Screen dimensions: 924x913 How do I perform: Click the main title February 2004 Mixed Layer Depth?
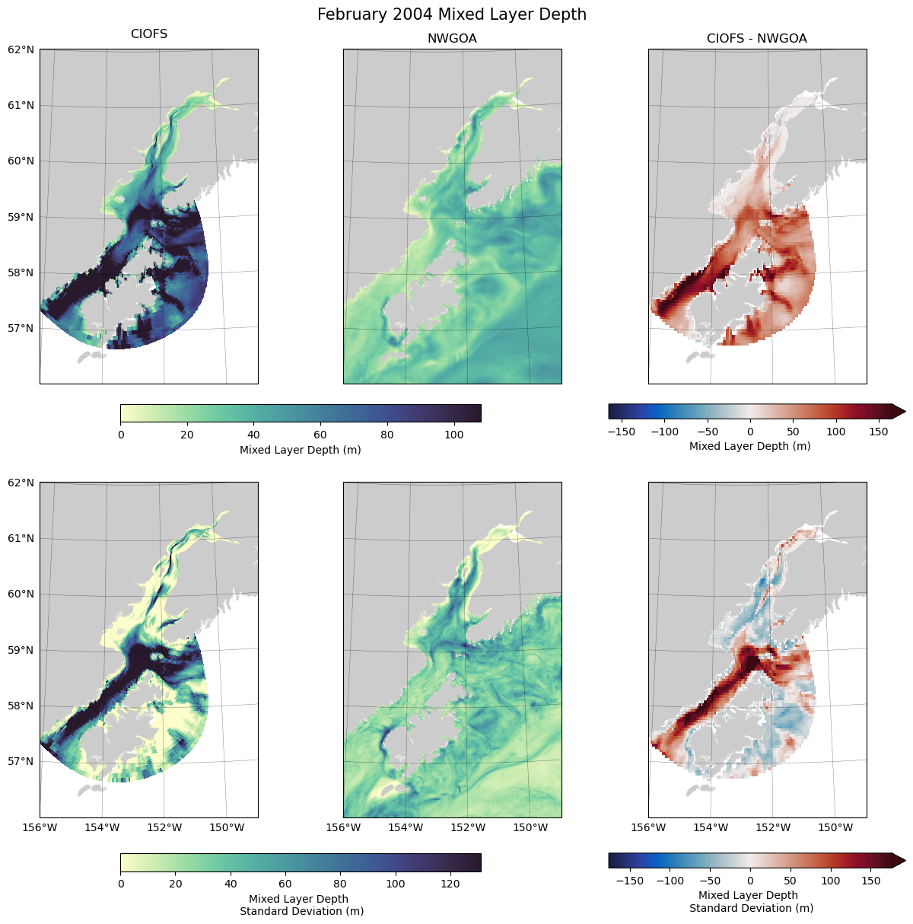pos(451,14)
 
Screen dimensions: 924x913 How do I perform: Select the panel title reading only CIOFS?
pos(149,34)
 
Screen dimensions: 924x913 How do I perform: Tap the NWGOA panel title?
pos(452,38)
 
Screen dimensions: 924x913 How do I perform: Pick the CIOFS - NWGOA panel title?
pos(756,38)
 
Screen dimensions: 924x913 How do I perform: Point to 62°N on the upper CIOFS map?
pos(21,49)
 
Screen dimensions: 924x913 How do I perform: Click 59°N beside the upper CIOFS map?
pos(21,217)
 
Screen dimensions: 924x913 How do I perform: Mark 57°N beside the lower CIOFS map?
pos(21,761)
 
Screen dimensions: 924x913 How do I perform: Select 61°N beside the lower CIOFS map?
pos(21,538)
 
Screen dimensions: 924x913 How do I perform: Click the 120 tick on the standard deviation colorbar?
pos(450,884)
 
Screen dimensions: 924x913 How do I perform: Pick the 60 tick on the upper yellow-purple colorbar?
pos(320,435)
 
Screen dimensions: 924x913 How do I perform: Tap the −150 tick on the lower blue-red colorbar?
pos(629,881)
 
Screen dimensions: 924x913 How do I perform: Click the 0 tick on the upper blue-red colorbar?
pos(750,432)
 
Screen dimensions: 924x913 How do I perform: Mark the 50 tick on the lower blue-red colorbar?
pos(791,881)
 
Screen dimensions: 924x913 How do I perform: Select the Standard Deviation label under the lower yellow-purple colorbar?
pos(301,911)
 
